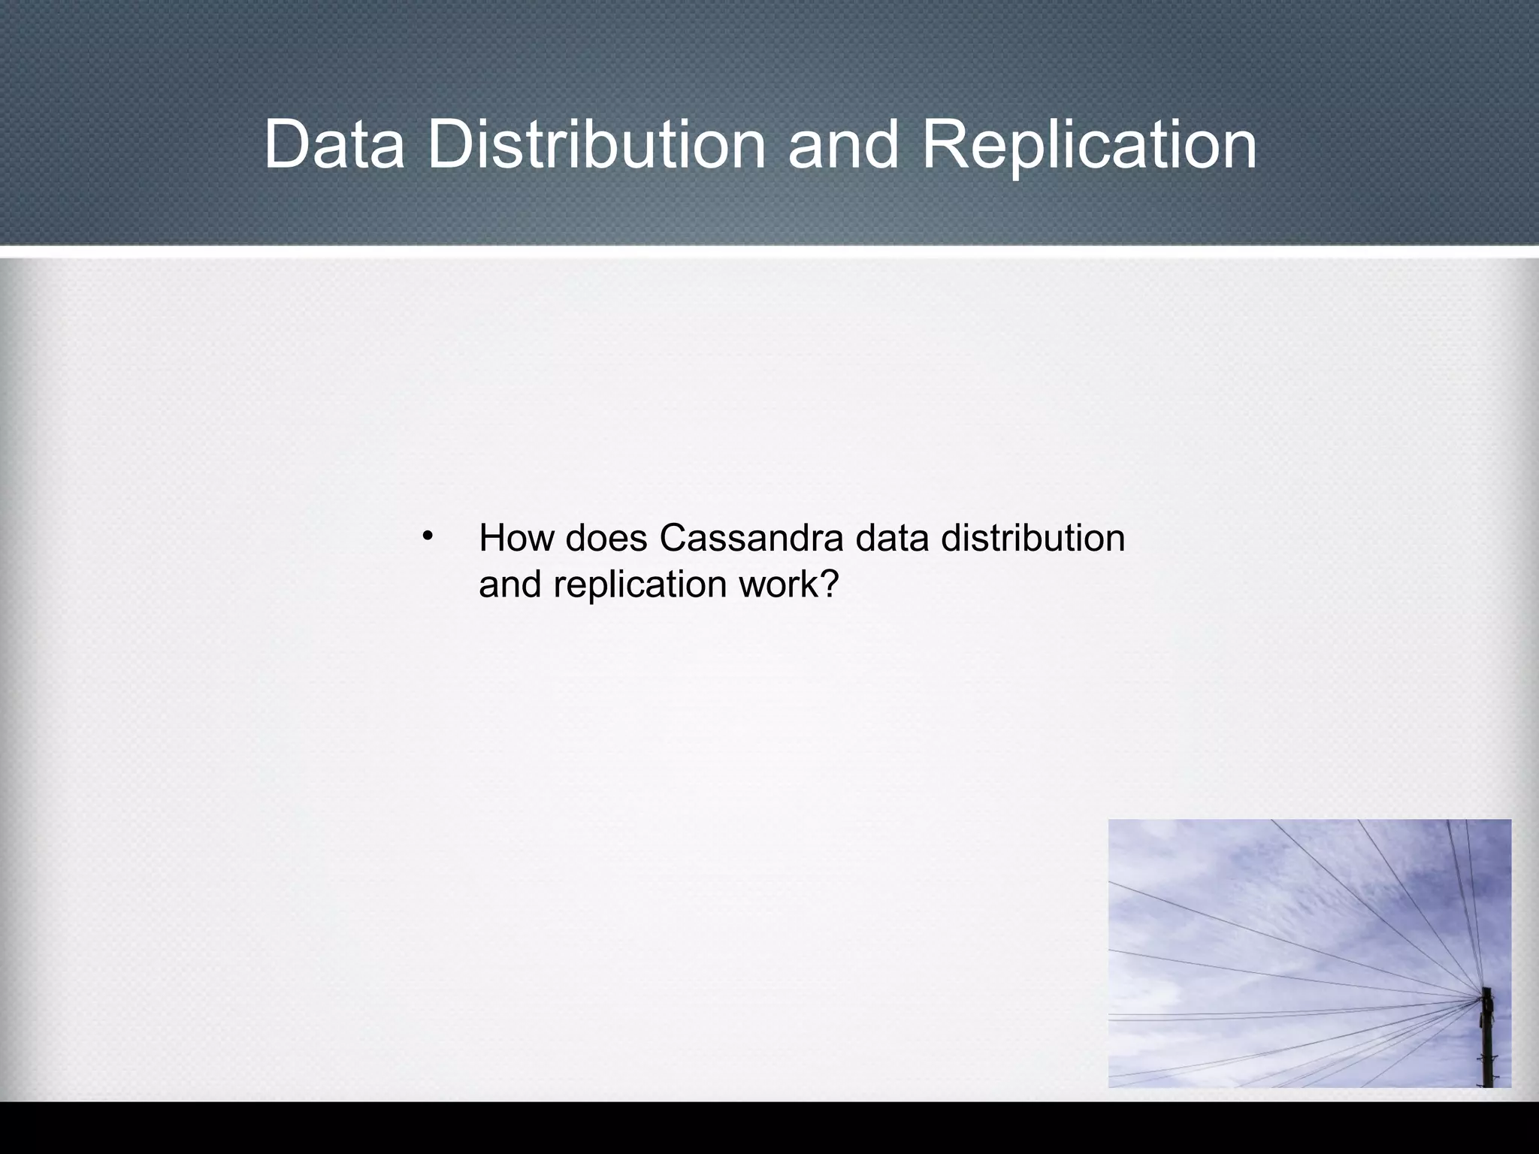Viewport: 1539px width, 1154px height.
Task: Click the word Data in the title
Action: (x=334, y=144)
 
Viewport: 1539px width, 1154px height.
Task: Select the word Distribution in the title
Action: (x=596, y=144)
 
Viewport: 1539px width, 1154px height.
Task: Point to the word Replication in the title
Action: (x=1089, y=144)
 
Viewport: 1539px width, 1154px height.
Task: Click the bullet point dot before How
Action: (x=428, y=536)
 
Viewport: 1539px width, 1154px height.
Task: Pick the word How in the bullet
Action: (x=516, y=538)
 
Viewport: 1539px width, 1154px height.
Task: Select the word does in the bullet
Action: (x=606, y=538)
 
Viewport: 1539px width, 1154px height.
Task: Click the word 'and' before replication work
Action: (x=509, y=585)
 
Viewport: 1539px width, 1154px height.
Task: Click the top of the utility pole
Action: (x=1486, y=993)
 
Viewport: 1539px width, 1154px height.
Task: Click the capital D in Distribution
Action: (x=447, y=144)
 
